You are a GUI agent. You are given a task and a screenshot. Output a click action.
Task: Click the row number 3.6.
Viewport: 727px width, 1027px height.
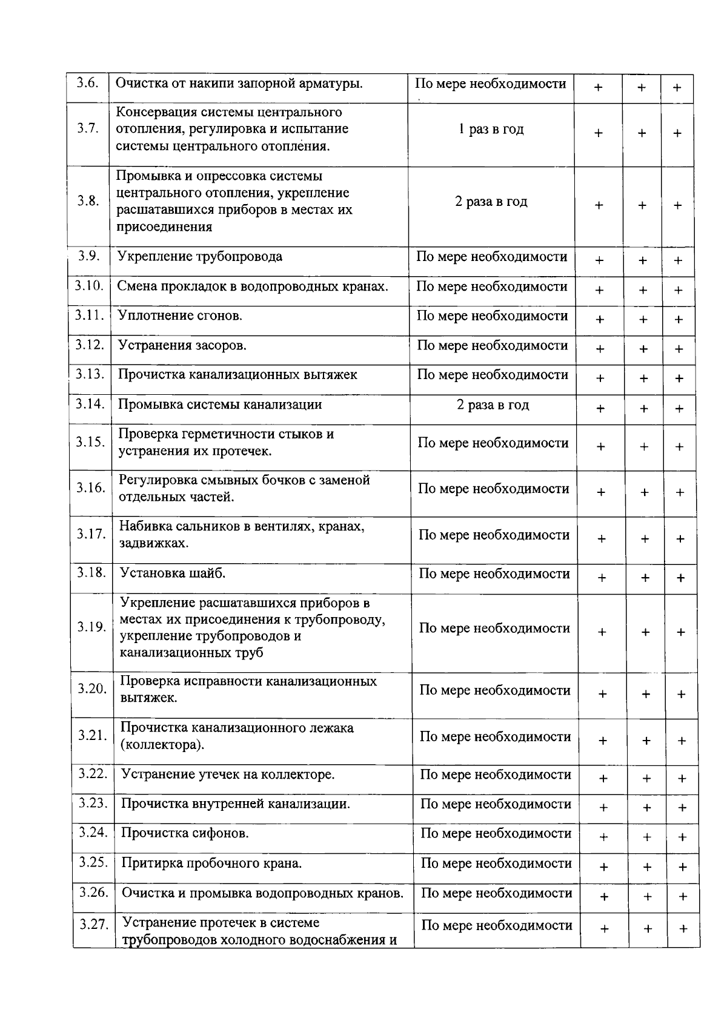88,84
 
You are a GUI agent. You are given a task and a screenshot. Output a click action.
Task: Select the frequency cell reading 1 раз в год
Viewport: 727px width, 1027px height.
491,130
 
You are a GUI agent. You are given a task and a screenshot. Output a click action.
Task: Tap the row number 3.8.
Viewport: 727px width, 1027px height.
88,201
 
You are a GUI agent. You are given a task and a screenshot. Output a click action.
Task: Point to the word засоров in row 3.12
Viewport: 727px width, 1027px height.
221,346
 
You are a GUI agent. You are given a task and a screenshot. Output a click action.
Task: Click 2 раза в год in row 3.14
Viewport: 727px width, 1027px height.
493,405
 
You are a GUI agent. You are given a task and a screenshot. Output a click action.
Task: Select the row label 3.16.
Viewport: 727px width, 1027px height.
91,488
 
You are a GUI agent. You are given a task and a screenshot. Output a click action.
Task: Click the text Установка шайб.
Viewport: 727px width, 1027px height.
173,573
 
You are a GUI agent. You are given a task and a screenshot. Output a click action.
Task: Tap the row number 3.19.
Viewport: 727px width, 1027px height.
91,627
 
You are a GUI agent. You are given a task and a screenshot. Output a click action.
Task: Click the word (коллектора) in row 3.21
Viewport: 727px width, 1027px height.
162,745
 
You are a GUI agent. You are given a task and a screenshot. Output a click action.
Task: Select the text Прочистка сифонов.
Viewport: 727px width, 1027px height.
185,833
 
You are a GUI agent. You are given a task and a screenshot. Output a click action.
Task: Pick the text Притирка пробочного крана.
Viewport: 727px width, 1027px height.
211,863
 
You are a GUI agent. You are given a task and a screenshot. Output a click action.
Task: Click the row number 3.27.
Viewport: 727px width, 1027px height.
94,925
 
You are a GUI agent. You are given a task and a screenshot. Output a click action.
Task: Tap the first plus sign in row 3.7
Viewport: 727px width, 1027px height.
598,133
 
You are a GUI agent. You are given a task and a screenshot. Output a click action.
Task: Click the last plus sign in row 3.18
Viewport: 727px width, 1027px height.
680,578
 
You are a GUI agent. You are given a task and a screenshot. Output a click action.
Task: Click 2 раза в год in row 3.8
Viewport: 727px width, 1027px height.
491,202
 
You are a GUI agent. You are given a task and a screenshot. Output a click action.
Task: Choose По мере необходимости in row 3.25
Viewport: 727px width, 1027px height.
496,864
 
